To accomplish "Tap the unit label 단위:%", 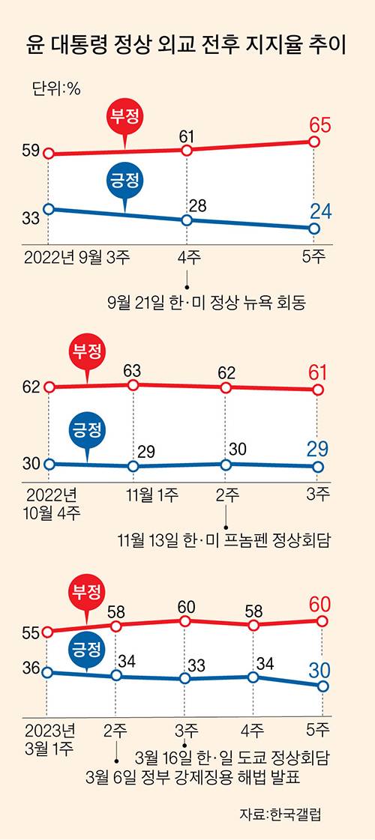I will click(x=56, y=88).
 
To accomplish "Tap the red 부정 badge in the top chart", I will click(x=126, y=116).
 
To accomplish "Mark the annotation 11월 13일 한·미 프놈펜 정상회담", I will click(x=224, y=539).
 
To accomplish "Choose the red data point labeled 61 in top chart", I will click(x=187, y=151).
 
